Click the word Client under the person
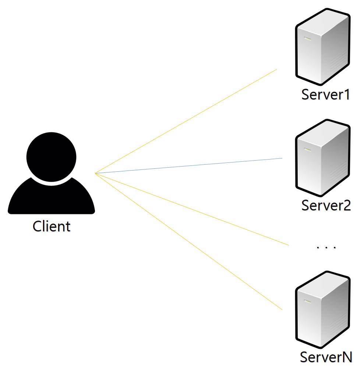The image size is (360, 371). [51, 226]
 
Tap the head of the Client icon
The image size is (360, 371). [51, 156]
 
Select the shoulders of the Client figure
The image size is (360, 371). [51, 199]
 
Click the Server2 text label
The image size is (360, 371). [326, 205]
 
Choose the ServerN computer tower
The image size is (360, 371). [322, 310]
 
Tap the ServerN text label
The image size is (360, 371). [326, 357]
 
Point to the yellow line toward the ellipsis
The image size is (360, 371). [191, 209]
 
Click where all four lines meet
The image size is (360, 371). [95, 173]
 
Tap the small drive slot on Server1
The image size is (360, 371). [307, 39]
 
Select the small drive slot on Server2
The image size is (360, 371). [307, 149]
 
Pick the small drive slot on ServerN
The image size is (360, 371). [307, 301]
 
